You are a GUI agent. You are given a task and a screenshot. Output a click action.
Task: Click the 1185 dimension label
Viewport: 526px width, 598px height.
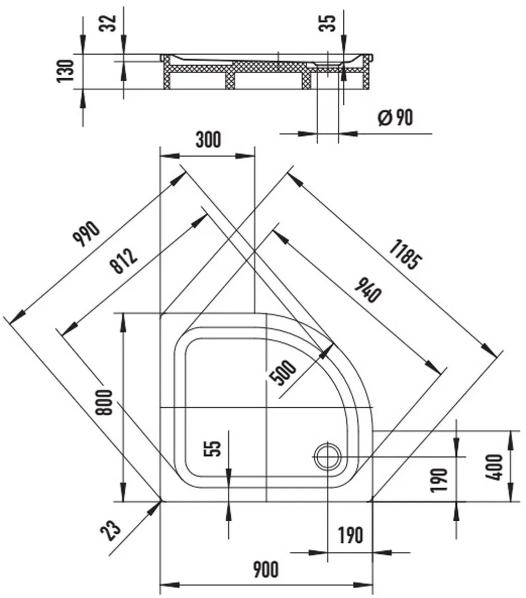click(406, 254)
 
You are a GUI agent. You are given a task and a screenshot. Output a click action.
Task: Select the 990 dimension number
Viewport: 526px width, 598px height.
click(87, 234)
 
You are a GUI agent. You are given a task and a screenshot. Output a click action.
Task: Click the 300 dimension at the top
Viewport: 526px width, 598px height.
click(208, 139)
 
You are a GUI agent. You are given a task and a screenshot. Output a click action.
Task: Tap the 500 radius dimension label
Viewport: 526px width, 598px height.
click(283, 373)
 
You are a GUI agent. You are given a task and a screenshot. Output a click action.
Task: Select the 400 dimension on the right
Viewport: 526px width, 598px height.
click(495, 467)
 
